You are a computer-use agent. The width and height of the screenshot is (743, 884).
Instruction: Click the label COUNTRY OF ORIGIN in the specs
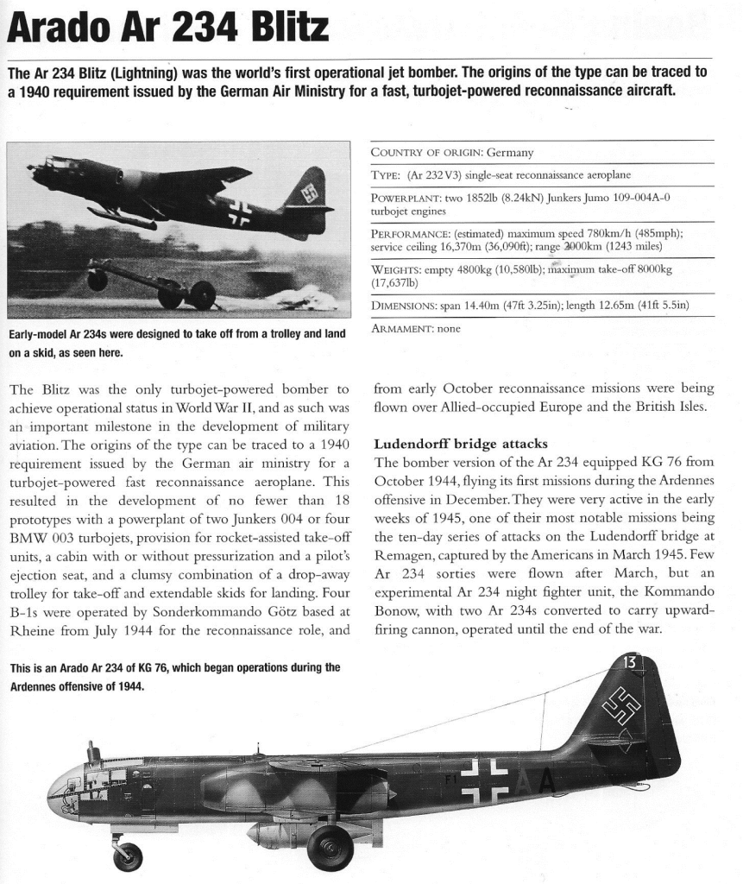click(x=426, y=153)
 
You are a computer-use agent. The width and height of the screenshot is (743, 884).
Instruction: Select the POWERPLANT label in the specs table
click(x=406, y=198)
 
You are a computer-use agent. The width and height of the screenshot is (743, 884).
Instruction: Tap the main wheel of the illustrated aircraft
click(x=330, y=846)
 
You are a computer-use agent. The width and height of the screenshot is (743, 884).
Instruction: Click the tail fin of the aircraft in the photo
click(x=308, y=194)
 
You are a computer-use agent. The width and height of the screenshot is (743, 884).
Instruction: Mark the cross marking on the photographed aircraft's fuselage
click(x=238, y=212)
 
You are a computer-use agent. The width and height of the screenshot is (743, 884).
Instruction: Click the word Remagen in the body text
click(x=404, y=553)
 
